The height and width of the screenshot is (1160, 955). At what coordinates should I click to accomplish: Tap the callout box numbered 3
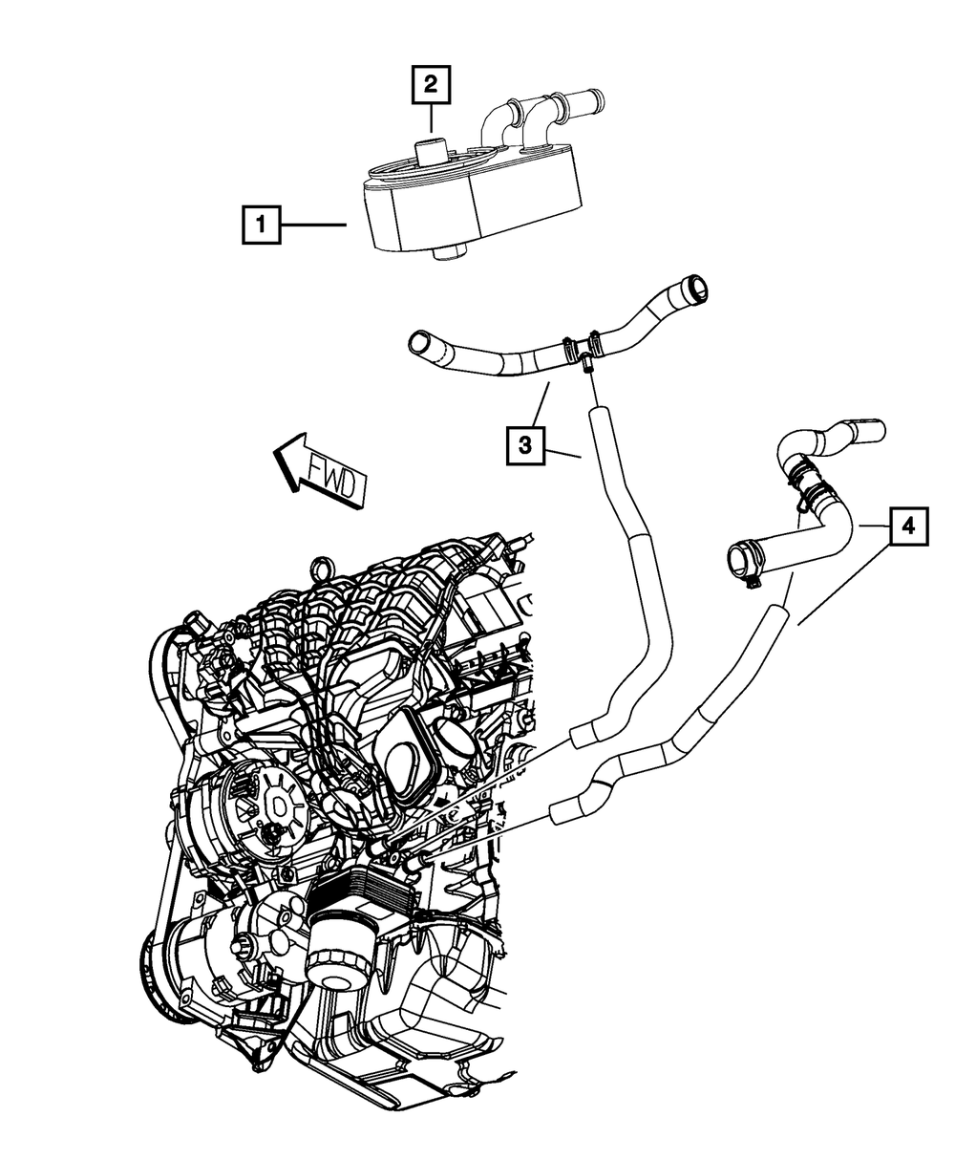(x=526, y=443)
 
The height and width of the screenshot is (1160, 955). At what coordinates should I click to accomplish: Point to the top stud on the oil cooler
(x=431, y=151)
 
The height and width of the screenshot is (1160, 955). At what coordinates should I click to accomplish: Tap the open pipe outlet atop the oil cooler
(x=585, y=97)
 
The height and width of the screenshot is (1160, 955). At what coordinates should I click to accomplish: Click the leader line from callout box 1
(x=315, y=226)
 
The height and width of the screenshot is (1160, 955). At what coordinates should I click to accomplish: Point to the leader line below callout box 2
(x=431, y=118)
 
